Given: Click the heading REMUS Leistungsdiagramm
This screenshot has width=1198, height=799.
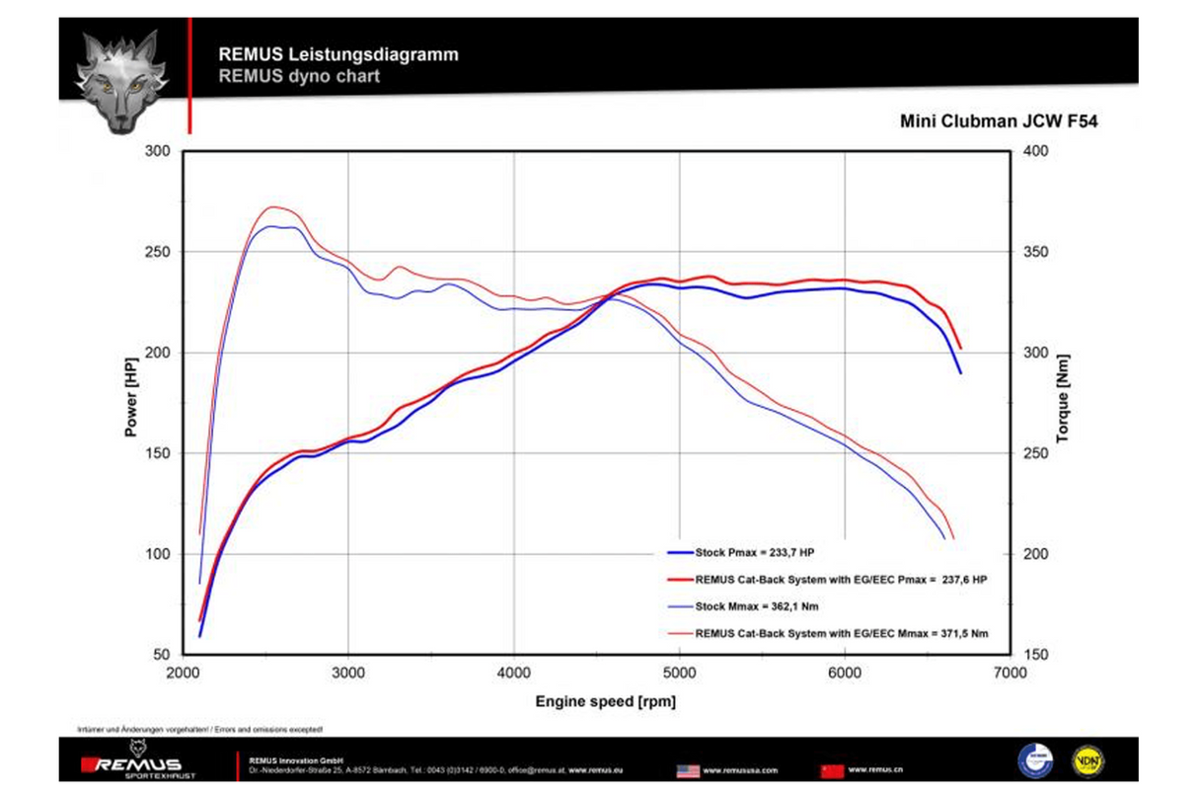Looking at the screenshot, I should click(338, 55).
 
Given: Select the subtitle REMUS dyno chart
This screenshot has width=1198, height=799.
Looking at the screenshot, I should click(299, 75).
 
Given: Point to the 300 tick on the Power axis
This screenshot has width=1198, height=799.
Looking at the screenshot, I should click(158, 151).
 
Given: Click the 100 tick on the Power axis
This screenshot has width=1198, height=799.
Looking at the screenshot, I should click(158, 554).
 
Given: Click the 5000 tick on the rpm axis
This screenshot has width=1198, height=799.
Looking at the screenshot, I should click(679, 673).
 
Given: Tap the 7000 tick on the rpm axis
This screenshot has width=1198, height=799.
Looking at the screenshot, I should click(1010, 673).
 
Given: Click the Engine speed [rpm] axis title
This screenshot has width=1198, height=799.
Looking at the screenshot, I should click(605, 701).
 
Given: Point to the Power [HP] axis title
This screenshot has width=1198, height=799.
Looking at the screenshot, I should click(131, 397).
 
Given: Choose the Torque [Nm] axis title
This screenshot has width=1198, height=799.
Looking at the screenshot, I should click(1063, 398).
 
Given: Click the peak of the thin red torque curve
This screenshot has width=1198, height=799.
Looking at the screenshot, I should click(273, 207).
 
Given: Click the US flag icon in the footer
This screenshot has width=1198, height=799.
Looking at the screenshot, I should click(688, 770).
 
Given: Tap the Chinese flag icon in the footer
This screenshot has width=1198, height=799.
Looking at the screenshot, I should click(832, 770).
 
